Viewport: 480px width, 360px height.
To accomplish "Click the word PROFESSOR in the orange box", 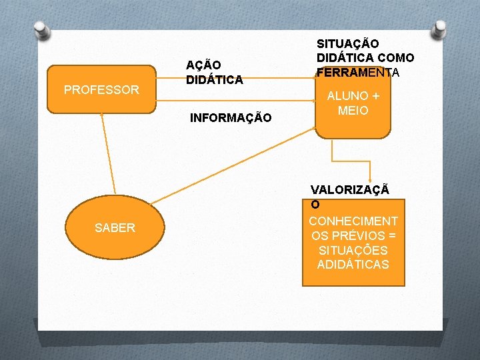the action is click(x=101, y=89).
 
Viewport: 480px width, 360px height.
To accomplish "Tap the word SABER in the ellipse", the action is click(x=115, y=228).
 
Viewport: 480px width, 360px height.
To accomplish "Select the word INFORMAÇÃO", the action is click(x=231, y=118).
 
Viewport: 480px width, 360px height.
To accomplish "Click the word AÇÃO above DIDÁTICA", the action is click(x=204, y=65).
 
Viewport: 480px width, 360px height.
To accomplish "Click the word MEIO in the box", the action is click(x=353, y=111).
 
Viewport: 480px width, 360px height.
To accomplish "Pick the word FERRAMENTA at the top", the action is click(x=358, y=72).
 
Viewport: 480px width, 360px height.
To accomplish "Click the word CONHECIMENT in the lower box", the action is click(x=353, y=221).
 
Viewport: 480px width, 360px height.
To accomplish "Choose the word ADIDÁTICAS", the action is click(x=353, y=265).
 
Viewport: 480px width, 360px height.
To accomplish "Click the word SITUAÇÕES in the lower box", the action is click(x=353, y=250).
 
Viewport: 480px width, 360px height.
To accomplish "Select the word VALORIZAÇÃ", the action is click(x=350, y=189).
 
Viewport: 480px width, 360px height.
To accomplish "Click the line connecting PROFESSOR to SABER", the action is click(x=108, y=153).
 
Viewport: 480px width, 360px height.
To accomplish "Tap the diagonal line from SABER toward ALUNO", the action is click(x=227, y=167).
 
